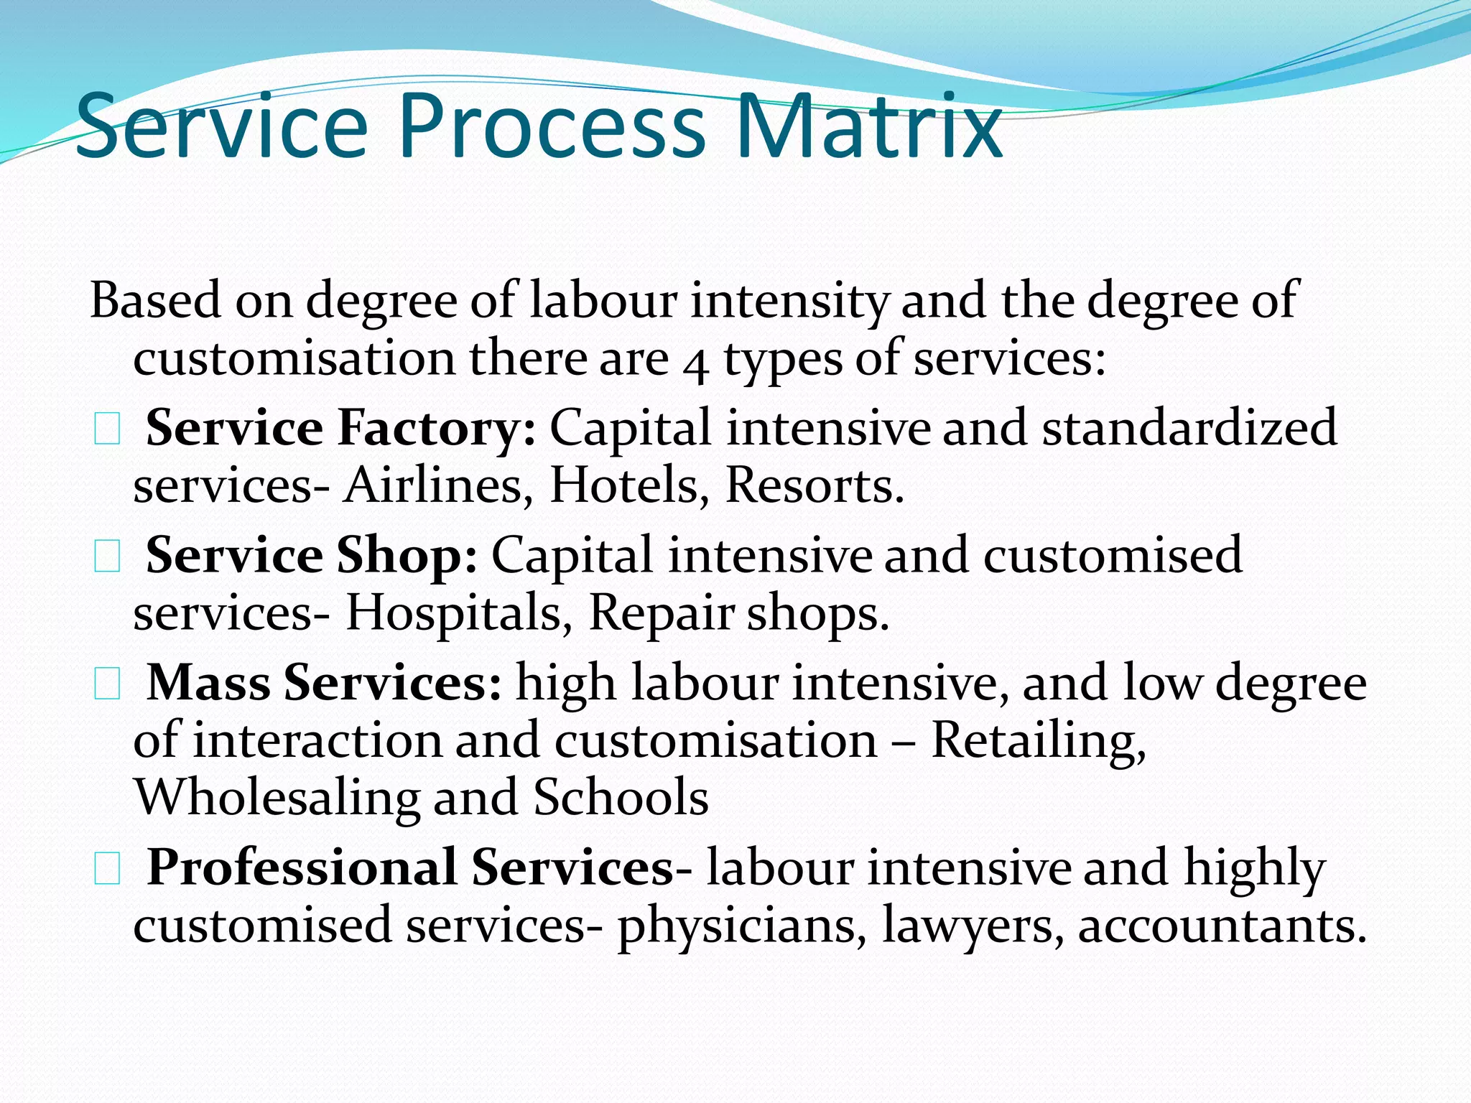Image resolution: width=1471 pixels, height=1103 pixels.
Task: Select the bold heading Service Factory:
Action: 340,428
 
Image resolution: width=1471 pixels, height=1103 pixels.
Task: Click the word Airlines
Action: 437,486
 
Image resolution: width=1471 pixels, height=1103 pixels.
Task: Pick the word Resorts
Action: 814,486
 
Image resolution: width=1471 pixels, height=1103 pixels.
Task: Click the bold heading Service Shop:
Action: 311,555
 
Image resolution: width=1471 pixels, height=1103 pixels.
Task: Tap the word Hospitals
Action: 459,614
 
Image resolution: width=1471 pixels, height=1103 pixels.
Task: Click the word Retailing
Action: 1038,740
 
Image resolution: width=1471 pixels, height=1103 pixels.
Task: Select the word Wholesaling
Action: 277,799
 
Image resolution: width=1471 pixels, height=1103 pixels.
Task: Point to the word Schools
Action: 621,797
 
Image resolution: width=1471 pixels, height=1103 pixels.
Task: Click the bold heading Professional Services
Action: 410,867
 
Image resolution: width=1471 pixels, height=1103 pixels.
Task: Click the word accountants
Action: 1221,926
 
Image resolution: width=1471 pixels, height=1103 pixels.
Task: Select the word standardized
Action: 1189,428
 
